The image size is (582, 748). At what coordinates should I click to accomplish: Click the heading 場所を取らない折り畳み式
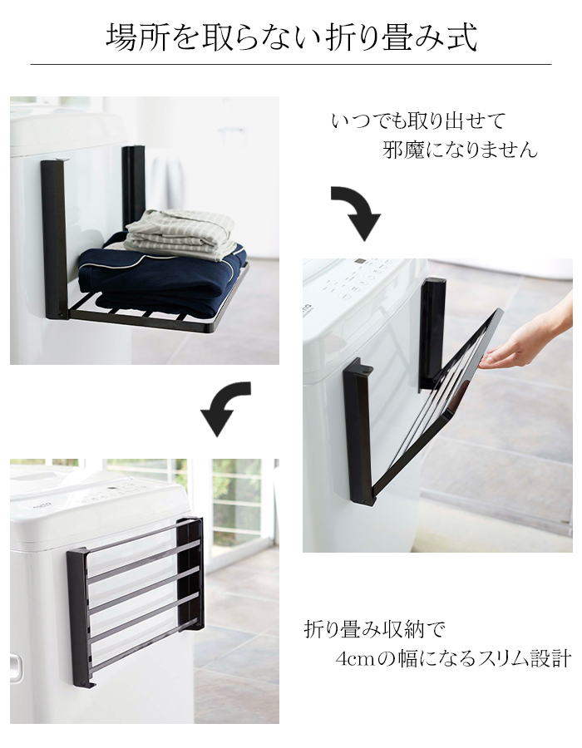pyautogui.click(x=292, y=37)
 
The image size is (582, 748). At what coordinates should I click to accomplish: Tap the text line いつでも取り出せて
pyautogui.click(x=418, y=121)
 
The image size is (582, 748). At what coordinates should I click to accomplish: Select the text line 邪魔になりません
pyautogui.click(x=460, y=150)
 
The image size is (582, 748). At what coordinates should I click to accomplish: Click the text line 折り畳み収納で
pyautogui.click(x=374, y=630)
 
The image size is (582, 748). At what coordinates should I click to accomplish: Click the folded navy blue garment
pyautogui.click(x=162, y=277)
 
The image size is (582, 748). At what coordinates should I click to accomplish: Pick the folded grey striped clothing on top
pyautogui.click(x=180, y=234)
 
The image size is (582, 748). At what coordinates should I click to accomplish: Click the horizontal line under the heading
pyautogui.click(x=291, y=64)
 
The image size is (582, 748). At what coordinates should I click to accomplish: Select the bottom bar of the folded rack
pyautogui.click(x=143, y=647)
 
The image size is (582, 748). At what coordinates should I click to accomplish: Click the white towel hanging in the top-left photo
pyautogui.click(x=168, y=185)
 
